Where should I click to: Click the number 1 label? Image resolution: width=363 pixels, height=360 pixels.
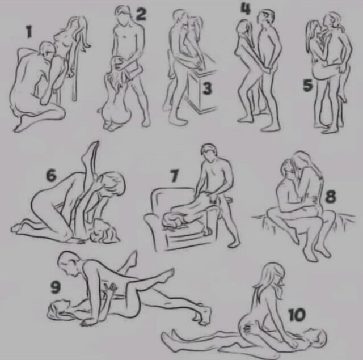tap(29, 32)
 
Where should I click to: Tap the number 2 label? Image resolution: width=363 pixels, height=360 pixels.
tap(141, 14)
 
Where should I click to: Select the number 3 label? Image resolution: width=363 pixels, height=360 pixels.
tap(206, 88)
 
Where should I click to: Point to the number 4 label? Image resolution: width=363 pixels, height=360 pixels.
tap(246, 9)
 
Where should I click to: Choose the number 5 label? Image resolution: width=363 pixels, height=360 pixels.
tap(307, 85)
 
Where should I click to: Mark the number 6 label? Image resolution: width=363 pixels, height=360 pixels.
tap(51, 175)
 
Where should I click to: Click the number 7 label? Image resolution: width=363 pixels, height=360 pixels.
tap(175, 175)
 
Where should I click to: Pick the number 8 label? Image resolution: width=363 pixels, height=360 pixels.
tap(330, 196)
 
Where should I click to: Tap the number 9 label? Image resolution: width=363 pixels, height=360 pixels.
tap(56, 287)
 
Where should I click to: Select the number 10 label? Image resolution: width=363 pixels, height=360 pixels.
tap(297, 315)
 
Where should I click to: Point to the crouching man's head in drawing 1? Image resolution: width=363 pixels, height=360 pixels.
tap(48, 50)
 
